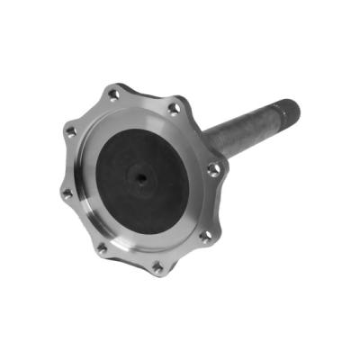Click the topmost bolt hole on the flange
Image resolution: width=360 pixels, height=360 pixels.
113,94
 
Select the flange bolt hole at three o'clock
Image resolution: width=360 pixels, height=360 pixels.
212,168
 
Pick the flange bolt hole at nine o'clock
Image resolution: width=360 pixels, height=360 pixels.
65,193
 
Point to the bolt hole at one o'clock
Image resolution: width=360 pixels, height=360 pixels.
174,109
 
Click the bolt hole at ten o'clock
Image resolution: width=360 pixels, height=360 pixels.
70,132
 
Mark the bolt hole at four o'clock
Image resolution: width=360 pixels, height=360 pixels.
206,236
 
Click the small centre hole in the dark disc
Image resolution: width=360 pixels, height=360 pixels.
142,177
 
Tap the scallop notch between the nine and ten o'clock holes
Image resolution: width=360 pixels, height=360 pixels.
61,163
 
